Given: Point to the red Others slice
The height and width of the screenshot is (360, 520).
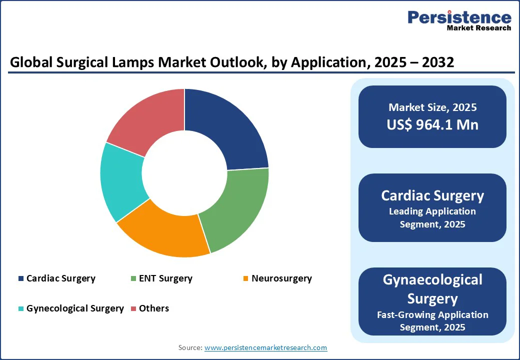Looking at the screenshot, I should (x=145, y=120).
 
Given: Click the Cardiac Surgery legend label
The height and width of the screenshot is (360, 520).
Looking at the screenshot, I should (x=61, y=278).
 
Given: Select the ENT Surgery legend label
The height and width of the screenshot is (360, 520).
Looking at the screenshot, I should (x=165, y=278).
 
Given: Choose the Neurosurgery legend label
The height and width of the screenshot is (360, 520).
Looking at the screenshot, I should (x=281, y=278).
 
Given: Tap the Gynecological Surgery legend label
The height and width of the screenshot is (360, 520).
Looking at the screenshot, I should (x=75, y=308).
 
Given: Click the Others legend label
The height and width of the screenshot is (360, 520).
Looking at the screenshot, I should (x=154, y=308).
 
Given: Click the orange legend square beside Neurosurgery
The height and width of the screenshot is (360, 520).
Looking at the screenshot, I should (x=245, y=278).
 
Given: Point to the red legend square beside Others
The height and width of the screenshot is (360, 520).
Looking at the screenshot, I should (x=133, y=308).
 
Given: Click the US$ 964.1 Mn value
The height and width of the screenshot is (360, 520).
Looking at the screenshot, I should (x=432, y=124).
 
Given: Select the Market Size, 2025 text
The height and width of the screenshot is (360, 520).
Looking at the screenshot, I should (x=432, y=107).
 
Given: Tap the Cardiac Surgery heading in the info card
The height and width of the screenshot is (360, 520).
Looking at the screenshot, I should (x=432, y=195).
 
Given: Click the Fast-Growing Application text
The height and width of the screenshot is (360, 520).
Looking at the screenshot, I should (x=432, y=314).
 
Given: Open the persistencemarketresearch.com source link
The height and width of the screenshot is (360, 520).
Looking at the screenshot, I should (x=266, y=347).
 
